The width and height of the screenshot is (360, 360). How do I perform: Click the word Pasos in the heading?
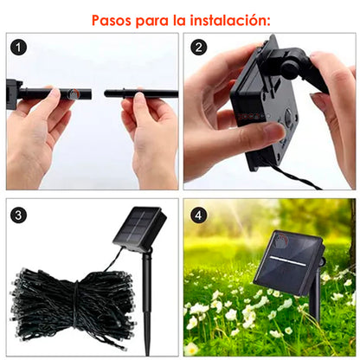(112, 18)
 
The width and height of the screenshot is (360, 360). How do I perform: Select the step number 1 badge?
(19, 48)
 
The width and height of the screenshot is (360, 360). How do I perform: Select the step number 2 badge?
(199, 48)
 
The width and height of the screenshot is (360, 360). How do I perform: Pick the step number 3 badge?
(19, 213)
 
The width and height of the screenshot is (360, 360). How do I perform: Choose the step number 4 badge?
(199, 213)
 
